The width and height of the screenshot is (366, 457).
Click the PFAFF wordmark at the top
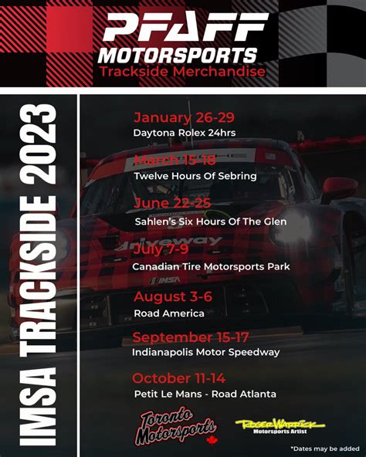pos(185,27)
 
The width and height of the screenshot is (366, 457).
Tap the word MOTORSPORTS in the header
pos(178,56)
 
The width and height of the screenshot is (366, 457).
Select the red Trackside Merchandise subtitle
pos(182,72)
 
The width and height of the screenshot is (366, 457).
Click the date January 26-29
pos(184,117)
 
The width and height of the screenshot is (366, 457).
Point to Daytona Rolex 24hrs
pos(185,133)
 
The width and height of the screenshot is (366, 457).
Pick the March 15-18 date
pos(175,160)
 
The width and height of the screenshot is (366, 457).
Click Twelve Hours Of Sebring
pos(195,176)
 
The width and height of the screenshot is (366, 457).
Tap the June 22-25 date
pos(172,203)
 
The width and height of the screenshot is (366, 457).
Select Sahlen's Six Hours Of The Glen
pos(211,222)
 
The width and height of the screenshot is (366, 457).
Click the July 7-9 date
pos(161,249)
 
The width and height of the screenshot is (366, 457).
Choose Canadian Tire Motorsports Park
pos(211,266)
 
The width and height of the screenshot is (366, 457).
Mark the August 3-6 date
pos(173,297)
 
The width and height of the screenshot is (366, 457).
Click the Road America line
pos(169,313)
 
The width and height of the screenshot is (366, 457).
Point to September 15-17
pos(191,337)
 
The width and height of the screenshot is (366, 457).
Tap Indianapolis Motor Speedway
pos(206,352)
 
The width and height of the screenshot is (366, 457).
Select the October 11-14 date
pos(179,378)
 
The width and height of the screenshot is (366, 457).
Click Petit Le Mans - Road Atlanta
pos(205,394)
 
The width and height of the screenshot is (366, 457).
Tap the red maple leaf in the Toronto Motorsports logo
pos(212,440)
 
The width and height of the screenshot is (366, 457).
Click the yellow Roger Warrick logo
pos(280,426)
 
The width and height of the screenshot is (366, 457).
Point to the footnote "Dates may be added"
pos(325,449)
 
